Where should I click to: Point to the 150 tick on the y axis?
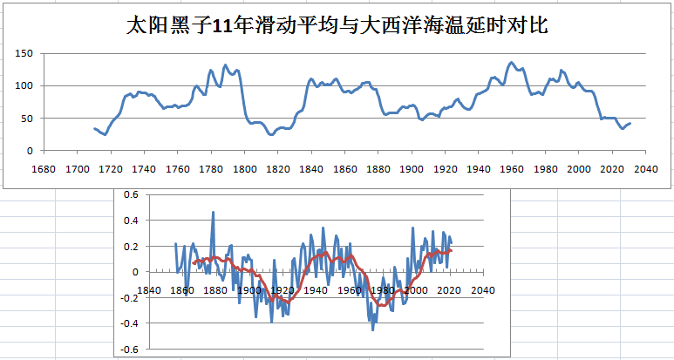tap(24, 54)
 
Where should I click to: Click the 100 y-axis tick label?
tap(24, 86)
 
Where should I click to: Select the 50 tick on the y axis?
tap(26, 119)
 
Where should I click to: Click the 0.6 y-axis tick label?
tap(130, 194)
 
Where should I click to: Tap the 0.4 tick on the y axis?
tap(130, 221)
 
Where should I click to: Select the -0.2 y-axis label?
tap(128, 298)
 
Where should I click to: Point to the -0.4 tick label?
tap(128, 324)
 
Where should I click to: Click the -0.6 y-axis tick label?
tap(128, 350)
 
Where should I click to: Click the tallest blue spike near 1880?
tap(212, 212)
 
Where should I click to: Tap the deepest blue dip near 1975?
tap(373, 329)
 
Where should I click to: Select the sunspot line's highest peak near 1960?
tap(512, 63)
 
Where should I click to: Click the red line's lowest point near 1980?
tap(382, 306)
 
